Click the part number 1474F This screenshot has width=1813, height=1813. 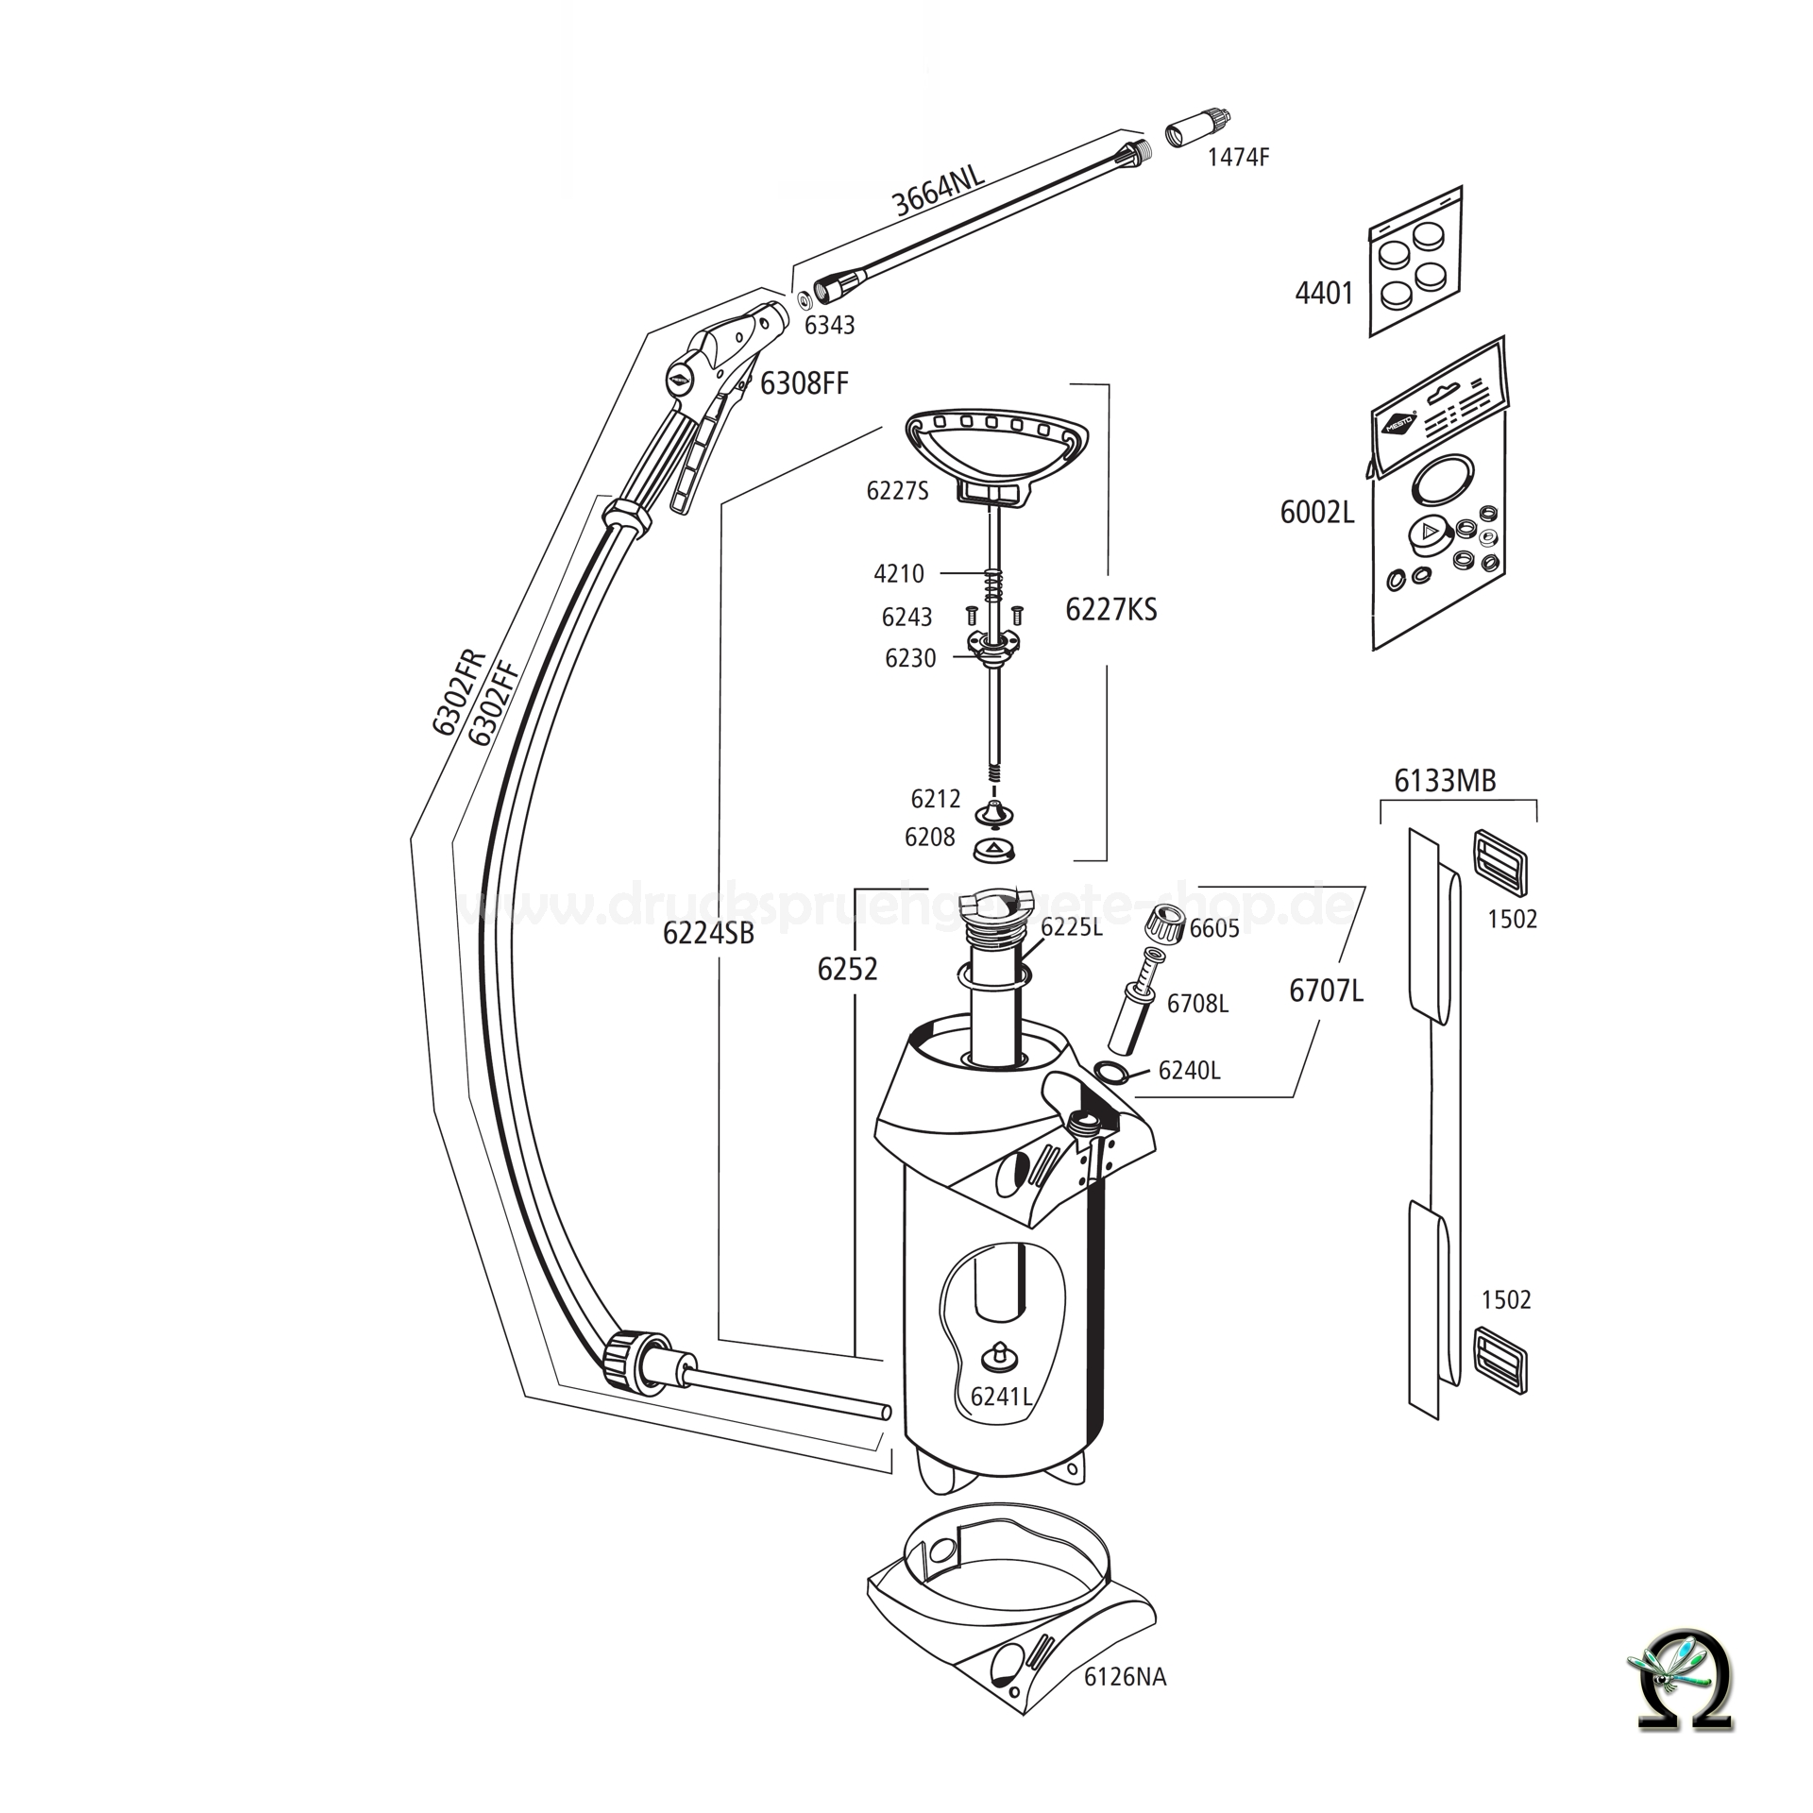(x=1238, y=158)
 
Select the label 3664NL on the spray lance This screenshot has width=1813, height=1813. (x=939, y=191)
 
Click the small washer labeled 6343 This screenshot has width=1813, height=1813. (x=804, y=300)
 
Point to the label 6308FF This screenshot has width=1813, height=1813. (x=804, y=383)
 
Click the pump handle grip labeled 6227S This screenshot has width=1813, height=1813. (x=996, y=444)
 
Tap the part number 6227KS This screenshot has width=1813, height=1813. (x=1110, y=610)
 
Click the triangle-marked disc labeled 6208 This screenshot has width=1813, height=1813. (x=992, y=849)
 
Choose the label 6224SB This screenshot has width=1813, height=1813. (x=708, y=933)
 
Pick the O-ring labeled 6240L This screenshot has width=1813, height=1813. (x=1111, y=1071)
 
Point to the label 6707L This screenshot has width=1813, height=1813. (x=1326, y=991)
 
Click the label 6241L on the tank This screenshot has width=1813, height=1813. (x=1001, y=1397)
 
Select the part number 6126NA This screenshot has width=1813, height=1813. (x=1125, y=1677)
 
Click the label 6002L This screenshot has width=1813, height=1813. (x=1316, y=513)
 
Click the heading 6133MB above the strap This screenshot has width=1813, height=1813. (x=1445, y=781)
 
